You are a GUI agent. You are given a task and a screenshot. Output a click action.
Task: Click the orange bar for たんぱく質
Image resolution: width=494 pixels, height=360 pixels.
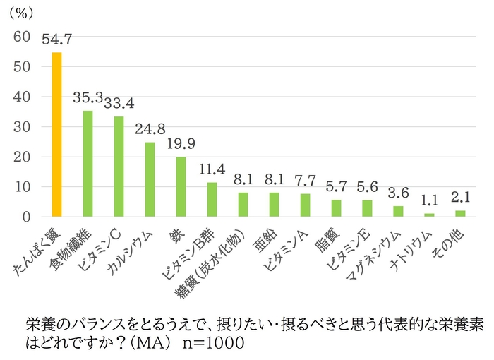click(57, 135)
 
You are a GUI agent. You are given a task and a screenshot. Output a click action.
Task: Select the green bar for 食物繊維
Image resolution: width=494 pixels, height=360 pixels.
click(88, 164)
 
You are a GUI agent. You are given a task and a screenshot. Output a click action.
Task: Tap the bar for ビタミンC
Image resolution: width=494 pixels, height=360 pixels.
click(119, 167)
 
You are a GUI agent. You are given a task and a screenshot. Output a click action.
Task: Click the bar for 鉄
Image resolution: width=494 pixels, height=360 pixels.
click(181, 187)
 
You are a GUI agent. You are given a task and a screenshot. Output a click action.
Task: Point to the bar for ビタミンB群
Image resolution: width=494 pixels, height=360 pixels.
click(212, 200)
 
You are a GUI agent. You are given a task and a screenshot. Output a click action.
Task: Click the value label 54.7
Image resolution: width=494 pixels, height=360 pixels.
click(57, 40)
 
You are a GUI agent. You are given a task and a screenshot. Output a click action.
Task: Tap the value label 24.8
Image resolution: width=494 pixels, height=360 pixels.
click(150, 129)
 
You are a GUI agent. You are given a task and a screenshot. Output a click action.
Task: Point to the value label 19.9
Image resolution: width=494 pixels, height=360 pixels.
click(181, 145)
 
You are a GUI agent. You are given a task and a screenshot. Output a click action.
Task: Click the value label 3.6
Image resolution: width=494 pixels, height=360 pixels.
click(398, 193)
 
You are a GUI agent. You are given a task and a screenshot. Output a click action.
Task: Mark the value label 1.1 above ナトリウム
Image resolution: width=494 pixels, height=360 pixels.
click(429, 201)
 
